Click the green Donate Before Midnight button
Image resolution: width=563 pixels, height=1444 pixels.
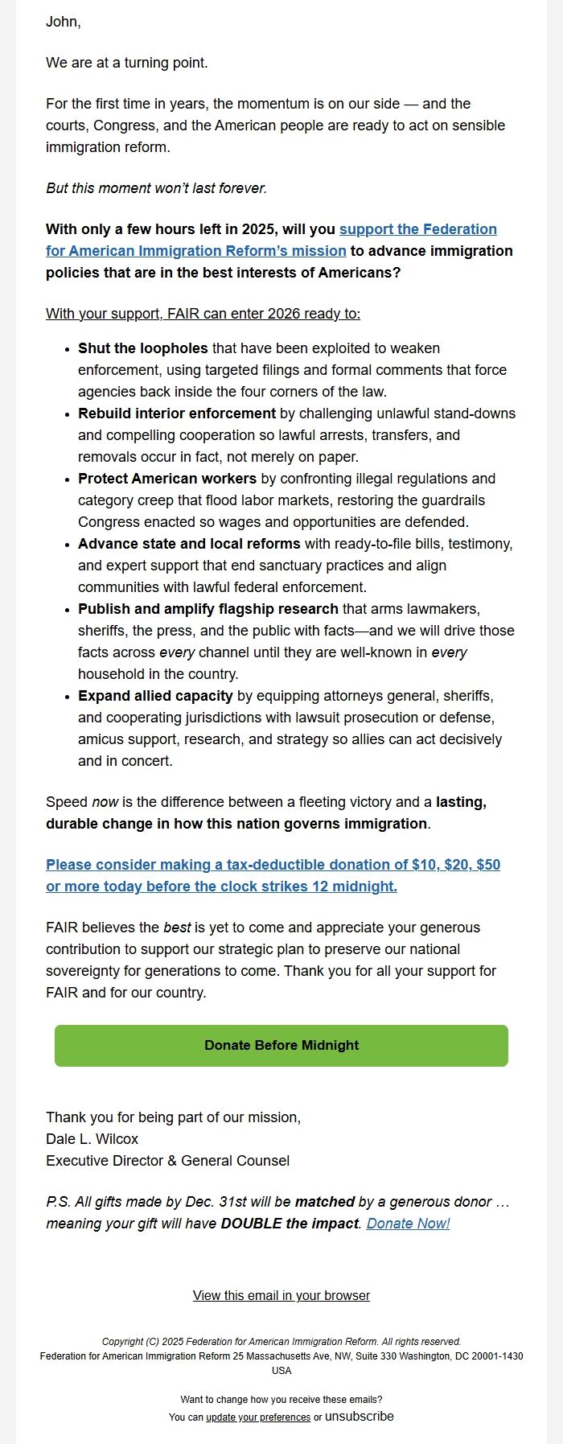click(x=281, y=1045)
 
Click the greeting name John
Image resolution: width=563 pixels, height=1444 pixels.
click(x=63, y=22)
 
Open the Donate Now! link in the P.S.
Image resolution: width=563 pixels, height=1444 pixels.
click(x=408, y=1224)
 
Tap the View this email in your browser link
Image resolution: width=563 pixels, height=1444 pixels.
click(x=281, y=1295)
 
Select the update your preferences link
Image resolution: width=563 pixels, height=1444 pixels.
click(x=258, y=1417)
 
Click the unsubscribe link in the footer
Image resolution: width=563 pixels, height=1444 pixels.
click(x=360, y=1416)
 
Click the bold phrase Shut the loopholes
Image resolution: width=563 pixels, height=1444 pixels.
click(x=142, y=348)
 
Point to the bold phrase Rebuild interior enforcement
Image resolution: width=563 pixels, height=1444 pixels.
click(x=177, y=413)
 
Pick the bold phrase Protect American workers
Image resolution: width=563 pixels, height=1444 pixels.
click(x=167, y=479)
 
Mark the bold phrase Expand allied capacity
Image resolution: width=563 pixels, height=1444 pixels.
click(x=155, y=696)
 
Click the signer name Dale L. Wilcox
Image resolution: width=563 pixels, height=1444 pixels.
click(x=92, y=1139)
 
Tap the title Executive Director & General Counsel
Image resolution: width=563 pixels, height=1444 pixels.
click(x=167, y=1161)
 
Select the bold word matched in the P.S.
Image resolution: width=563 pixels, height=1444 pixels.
click(x=324, y=1202)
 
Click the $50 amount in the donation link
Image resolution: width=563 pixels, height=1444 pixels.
click(x=488, y=865)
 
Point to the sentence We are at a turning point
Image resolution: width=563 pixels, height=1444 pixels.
click(x=126, y=63)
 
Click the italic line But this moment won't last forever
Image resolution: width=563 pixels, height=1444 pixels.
click(x=156, y=188)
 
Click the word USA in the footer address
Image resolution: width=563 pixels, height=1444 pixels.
click(x=281, y=1370)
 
